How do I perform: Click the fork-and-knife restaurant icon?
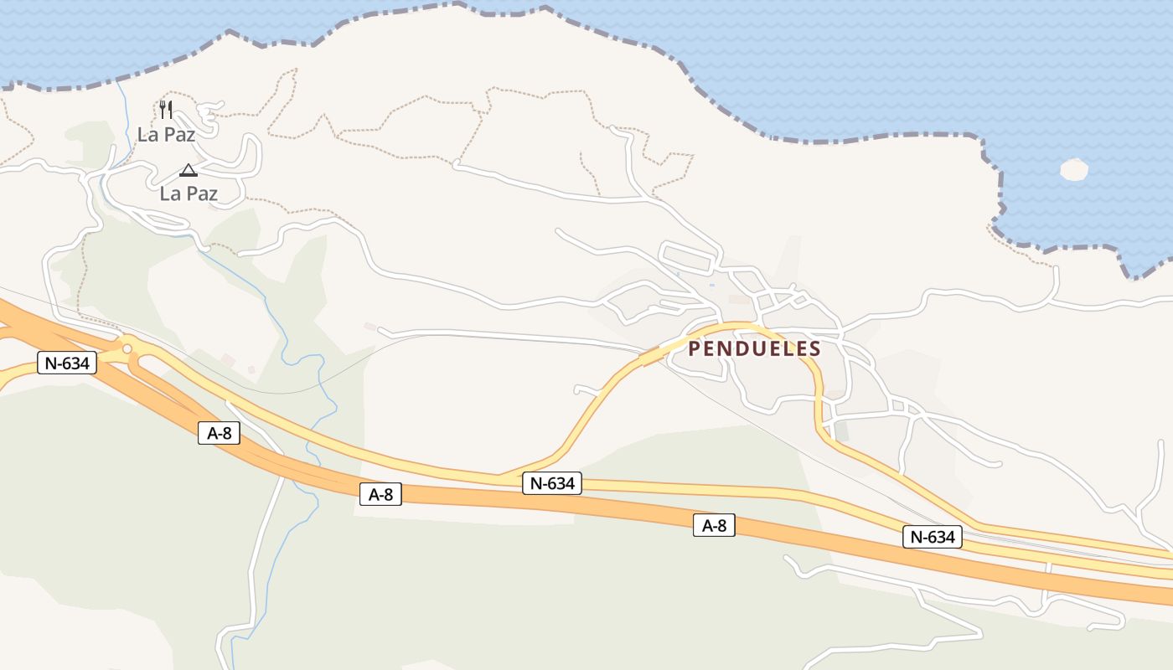coord(166,109)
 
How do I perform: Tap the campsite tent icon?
coord(189,171)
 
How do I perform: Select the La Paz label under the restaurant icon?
coord(166,134)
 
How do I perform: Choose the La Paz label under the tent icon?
coord(189,193)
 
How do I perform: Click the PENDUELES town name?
coord(754,349)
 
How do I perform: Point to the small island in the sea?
coord(1073,170)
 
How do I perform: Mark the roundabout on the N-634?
coord(127,348)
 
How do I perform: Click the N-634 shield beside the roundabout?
coord(67,363)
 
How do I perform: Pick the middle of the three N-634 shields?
coord(552,483)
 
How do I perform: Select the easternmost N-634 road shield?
coord(932,537)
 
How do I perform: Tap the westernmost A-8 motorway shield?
coord(219,433)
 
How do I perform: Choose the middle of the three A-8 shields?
coord(380,494)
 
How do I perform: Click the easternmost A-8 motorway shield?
coord(714,526)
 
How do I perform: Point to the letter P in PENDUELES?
coord(695,349)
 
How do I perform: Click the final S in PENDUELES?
coord(814,349)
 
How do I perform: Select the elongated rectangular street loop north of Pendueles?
coord(690,256)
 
